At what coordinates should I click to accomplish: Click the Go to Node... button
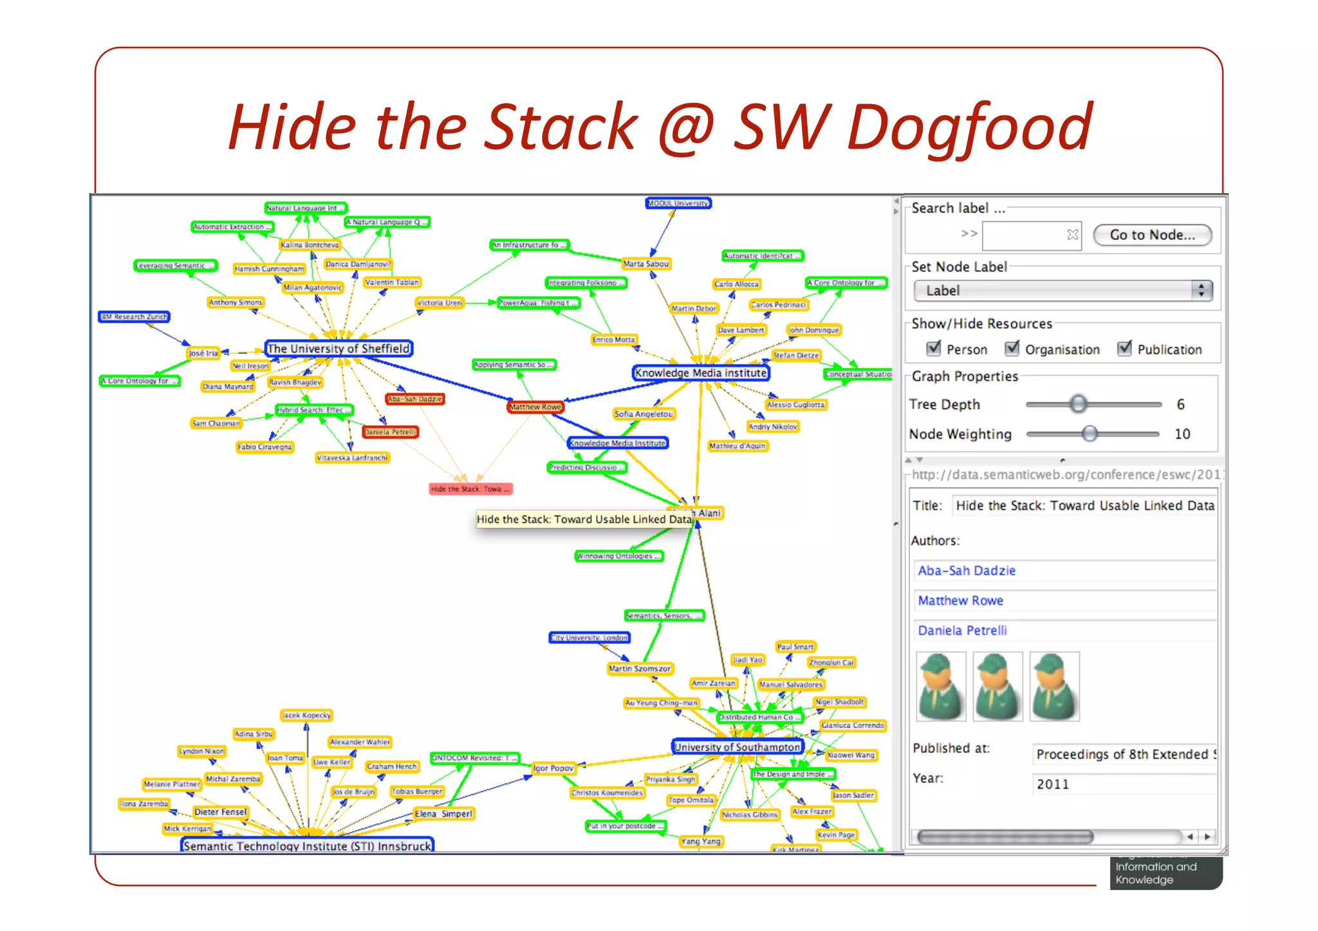[x=1152, y=235]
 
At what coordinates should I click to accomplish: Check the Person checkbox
[x=934, y=349]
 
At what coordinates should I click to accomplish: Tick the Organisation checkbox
[x=1012, y=349]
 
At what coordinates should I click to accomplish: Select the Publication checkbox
[x=1124, y=349]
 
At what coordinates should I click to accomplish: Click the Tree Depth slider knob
[x=1079, y=404]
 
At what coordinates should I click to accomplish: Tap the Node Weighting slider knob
[x=1090, y=434]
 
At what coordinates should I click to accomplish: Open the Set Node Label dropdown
[x=1063, y=291]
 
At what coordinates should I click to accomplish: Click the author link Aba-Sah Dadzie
[x=967, y=571]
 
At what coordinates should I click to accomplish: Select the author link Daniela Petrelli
[x=962, y=631]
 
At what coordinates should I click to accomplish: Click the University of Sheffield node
[x=339, y=349]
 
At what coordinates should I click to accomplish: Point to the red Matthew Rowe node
[x=535, y=407]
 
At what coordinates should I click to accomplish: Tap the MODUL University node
[x=678, y=203]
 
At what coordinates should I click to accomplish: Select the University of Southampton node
[x=737, y=747]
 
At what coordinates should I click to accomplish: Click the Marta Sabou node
[x=646, y=264]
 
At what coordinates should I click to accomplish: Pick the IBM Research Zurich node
[x=135, y=317]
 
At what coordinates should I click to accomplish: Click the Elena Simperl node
[x=443, y=814]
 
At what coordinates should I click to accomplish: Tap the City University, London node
[x=589, y=638]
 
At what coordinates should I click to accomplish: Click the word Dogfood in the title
[x=970, y=127]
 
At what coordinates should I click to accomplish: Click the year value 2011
[x=1053, y=784]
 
